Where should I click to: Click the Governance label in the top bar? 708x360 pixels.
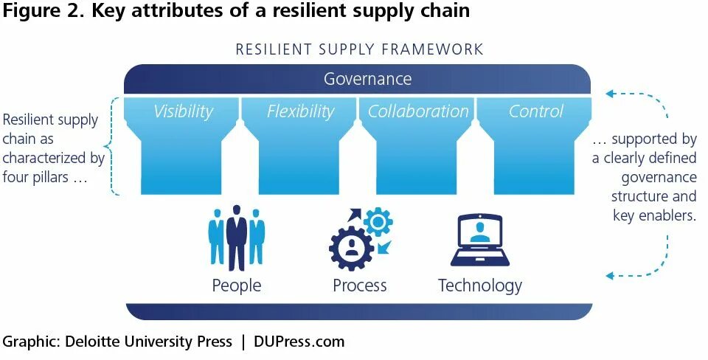tap(367, 79)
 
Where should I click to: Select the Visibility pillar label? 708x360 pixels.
tap(183, 111)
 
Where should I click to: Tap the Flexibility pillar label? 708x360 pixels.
tap(300, 111)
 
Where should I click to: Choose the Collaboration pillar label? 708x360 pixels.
tap(418, 111)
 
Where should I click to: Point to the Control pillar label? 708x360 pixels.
tap(536, 111)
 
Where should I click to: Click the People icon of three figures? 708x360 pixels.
tap(236, 238)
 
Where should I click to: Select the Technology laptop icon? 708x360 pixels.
tap(480, 240)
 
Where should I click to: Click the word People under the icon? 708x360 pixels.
tap(236, 285)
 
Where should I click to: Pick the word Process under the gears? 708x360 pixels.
tap(360, 285)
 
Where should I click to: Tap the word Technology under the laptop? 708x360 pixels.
tap(480, 285)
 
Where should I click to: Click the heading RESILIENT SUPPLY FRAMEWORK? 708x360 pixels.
tap(359, 50)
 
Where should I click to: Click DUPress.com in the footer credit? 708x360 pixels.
tap(299, 342)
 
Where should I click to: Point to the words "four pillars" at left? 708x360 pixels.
tap(41, 176)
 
